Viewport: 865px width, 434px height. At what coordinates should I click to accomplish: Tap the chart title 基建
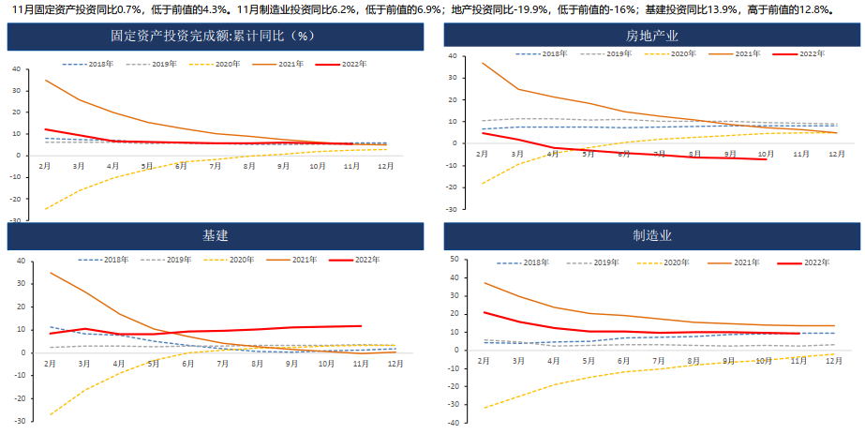point(216,235)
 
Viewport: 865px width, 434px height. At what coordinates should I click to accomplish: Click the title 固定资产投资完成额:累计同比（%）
point(216,37)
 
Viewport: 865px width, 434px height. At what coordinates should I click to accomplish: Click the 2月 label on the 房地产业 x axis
point(484,153)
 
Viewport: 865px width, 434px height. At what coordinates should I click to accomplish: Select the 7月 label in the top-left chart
point(215,166)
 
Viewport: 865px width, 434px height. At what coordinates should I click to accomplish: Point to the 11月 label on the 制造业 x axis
point(798,360)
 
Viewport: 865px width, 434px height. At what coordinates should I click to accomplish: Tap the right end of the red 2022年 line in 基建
point(361,326)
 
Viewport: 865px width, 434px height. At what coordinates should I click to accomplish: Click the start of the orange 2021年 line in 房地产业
point(484,64)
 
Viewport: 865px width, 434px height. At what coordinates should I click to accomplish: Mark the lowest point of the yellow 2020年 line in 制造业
point(484,408)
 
